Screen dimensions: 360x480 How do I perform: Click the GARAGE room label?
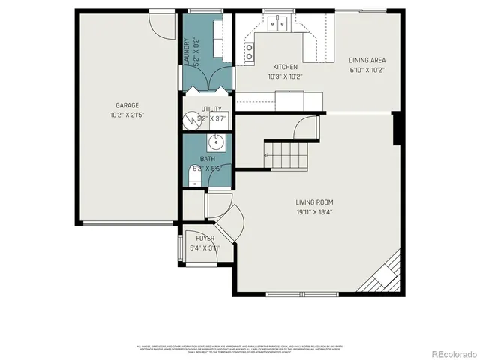pyautogui.click(x=127, y=105)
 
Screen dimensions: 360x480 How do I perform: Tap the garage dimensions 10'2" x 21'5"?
pyautogui.click(x=127, y=115)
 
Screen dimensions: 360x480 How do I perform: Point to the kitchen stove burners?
pyautogui.click(x=249, y=51)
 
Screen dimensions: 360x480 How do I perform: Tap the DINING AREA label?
pyautogui.click(x=367, y=60)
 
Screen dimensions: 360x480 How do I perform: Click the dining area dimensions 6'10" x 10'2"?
pyautogui.click(x=367, y=70)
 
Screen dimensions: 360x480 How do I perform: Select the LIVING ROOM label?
pyautogui.click(x=314, y=202)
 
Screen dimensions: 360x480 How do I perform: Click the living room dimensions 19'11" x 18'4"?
pyautogui.click(x=314, y=211)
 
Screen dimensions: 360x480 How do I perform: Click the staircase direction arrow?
pyautogui.click(x=267, y=155)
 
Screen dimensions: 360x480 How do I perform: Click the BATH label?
pyautogui.click(x=207, y=159)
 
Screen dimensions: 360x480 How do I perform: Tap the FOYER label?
pyautogui.click(x=205, y=238)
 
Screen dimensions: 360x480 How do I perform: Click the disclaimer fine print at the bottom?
pyautogui.click(x=239, y=348)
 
